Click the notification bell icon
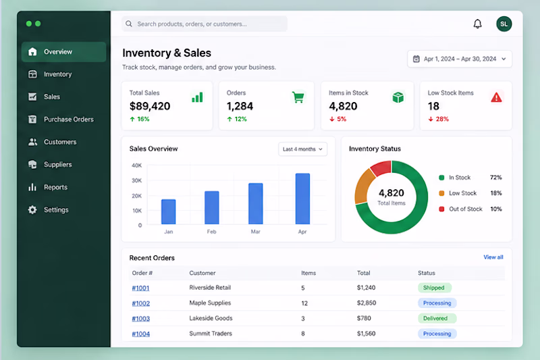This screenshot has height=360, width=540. pos(477,24)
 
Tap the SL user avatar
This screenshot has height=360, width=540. pos(504,24)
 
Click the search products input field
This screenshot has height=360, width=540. pos(205,24)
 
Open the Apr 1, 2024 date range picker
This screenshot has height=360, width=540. pos(460,59)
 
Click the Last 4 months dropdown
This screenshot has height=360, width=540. pos(302,149)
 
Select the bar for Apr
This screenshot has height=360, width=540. pos(302,199)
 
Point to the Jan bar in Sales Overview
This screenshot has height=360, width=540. pos(168,212)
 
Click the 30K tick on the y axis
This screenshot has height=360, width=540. pos(137,180)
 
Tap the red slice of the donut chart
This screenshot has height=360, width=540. pos(381,168)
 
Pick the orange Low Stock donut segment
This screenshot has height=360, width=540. pos(364,186)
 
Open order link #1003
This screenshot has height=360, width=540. pos(141,319)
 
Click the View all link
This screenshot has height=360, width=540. pos(493,257)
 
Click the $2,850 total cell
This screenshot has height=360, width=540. pos(367,303)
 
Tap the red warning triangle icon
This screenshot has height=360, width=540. pos(496,97)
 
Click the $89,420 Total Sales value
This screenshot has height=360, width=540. pos(150,106)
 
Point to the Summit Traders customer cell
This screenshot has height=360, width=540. pos(211,334)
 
